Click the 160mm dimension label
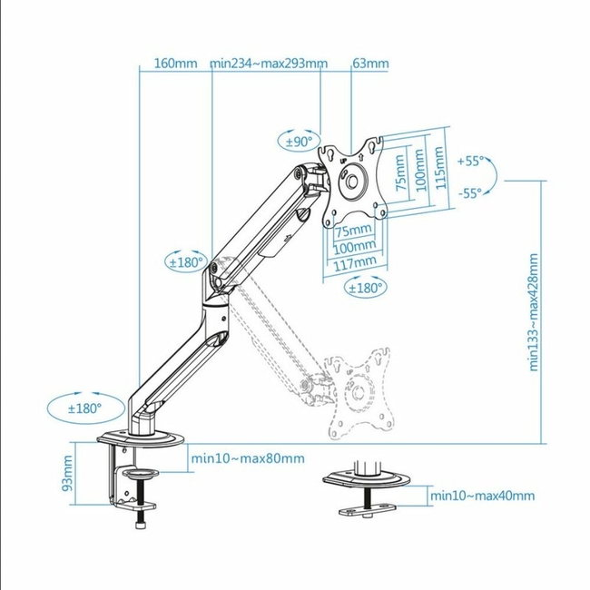[x=176, y=64]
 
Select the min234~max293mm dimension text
[x=269, y=64]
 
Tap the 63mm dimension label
[x=370, y=64]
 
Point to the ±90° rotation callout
[x=300, y=142]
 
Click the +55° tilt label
[x=470, y=161]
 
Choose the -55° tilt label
[x=470, y=193]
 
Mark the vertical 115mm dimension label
[x=439, y=168]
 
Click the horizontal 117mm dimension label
[x=355, y=263]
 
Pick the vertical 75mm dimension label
[x=401, y=172]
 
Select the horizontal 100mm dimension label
[x=354, y=247]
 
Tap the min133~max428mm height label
[x=534, y=312]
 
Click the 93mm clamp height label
[x=67, y=473]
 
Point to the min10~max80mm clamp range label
[x=248, y=458]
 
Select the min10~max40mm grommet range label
[x=482, y=496]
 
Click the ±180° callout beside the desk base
[x=86, y=408]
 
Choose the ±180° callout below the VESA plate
[x=366, y=289]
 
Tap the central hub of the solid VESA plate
[x=352, y=182]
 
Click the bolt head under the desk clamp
[x=140, y=525]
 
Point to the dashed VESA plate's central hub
[x=359, y=393]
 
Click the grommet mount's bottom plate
[x=368, y=510]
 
